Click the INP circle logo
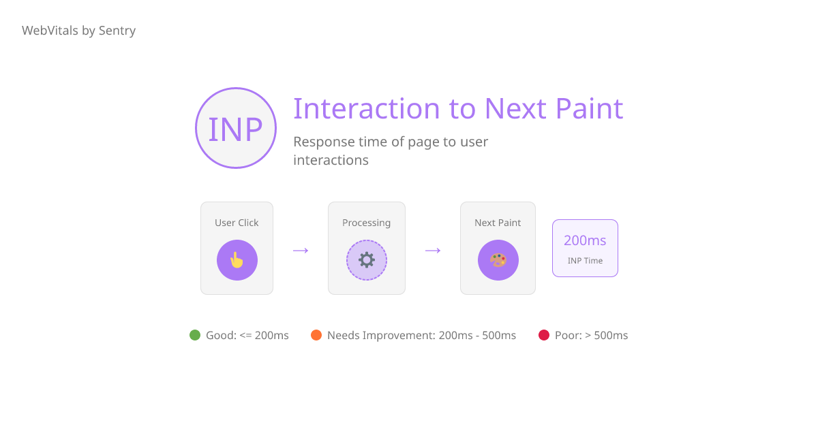(x=236, y=128)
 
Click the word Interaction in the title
(x=367, y=109)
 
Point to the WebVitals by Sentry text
(x=78, y=31)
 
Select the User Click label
(x=237, y=223)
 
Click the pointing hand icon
(x=237, y=260)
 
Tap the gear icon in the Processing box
(x=367, y=260)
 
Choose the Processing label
(x=367, y=223)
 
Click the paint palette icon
(x=498, y=260)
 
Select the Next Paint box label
(x=498, y=223)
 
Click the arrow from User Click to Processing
(x=301, y=251)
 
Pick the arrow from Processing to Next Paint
(x=433, y=251)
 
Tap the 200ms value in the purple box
(x=585, y=240)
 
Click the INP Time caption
(x=585, y=261)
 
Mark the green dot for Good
(x=195, y=335)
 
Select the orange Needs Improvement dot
(x=316, y=335)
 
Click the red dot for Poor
(x=544, y=335)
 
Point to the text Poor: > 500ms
(x=592, y=335)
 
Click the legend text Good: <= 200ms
(x=247, y=335)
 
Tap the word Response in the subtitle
(x=323, y=142)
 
